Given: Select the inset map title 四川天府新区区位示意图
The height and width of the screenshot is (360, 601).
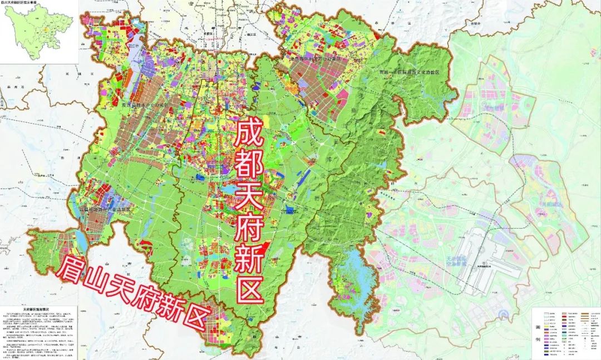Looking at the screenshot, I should click(x=23, y=3).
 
